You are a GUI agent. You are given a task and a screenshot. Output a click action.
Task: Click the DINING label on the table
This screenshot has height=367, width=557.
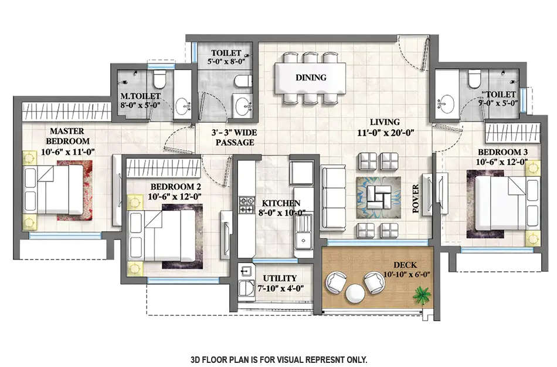(x=311, y=78)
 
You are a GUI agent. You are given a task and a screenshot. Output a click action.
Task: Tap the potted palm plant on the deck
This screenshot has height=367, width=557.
(x=421, y=294)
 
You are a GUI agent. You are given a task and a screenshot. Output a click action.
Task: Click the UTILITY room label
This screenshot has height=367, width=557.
(x=280, y=278)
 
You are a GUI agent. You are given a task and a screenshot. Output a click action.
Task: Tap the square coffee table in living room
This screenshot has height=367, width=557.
(x=379, y=195)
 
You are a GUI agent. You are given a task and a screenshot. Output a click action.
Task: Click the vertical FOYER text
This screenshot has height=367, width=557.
(x=416, y=198)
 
